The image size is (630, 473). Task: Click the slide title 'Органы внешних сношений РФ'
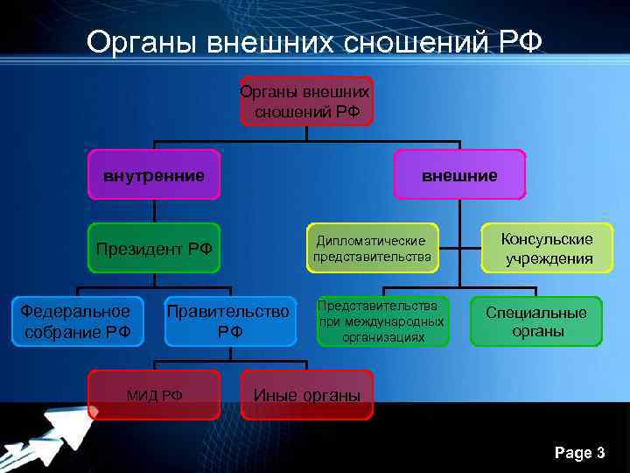coord(315,41)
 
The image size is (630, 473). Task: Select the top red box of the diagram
coord(305,102)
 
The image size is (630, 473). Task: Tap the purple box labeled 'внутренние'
coord(154,175)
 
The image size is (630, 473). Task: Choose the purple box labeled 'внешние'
coord(459,175)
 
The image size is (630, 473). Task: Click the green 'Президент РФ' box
coord(154,249)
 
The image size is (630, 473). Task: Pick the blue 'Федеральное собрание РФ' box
coord(75,321)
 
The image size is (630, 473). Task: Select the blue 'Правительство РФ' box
coord(228,321)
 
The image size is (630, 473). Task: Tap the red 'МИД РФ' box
coord(154,395)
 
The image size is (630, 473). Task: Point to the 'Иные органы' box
coord(306,395)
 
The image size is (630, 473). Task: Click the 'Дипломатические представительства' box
coord(372,249)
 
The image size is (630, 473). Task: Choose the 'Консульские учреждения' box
coord(547,249)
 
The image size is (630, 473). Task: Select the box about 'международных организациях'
coord(382,321)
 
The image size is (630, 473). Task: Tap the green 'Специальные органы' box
coord(536,321)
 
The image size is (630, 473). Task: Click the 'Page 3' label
coord(579,453)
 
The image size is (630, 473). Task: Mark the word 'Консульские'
coord(547,239)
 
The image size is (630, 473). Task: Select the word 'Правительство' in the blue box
coord(228,311)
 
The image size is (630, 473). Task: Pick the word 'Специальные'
coord(536,312)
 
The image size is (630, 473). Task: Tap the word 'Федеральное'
coord(75,311)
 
